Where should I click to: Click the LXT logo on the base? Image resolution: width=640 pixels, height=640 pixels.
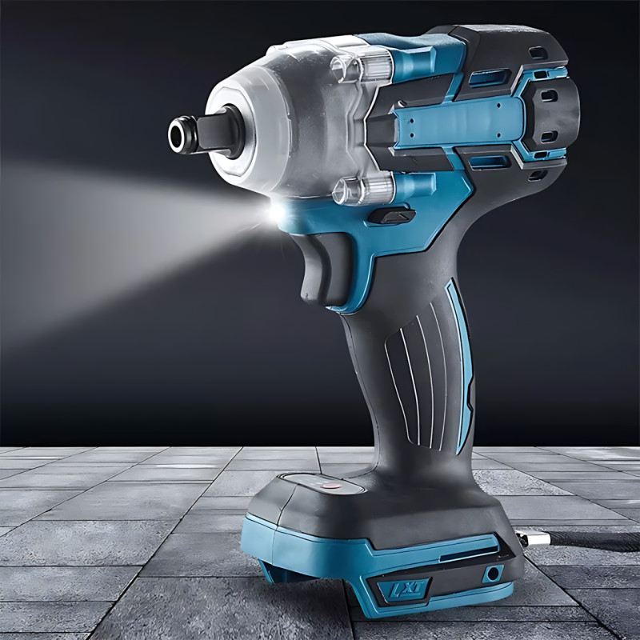(403, 589)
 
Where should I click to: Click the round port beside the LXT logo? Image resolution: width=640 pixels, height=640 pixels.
(493, 574)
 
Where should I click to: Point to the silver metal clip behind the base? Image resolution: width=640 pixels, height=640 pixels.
(527, 538)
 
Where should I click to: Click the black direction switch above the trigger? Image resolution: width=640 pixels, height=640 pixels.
(392, 214)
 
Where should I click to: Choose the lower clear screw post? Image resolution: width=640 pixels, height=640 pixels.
(362, 190)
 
